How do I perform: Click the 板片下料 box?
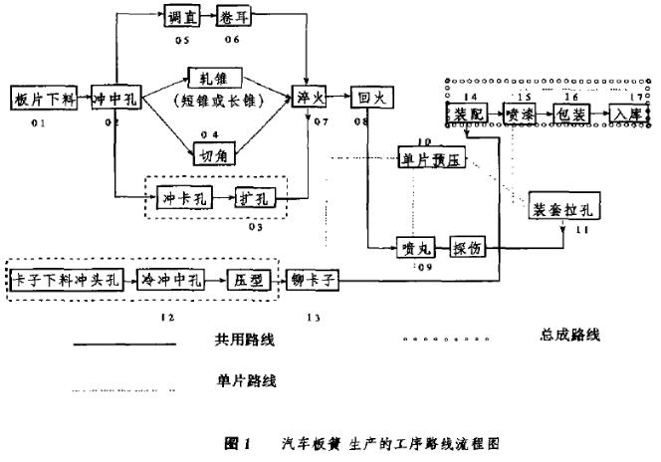coord(42,99)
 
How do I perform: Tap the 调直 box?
coord(180,18)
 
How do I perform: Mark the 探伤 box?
coord(470,248)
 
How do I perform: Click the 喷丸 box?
coord(412,248)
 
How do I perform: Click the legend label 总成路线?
coord(567,333)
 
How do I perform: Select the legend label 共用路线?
coord(244,341)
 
